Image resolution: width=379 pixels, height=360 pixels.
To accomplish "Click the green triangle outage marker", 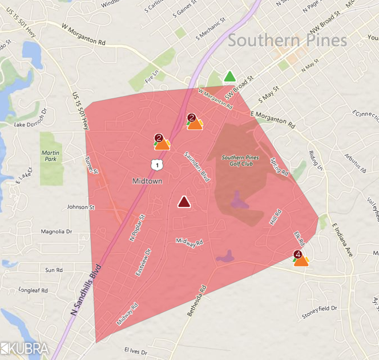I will (229, 77).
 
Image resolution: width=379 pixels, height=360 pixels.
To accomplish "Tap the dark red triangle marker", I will (184, 202).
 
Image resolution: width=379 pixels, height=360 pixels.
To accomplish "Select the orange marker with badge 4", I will (301, 260).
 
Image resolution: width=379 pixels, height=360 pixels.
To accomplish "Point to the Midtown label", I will (148, 181).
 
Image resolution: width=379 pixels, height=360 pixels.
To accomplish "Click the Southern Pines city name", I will (287, 41).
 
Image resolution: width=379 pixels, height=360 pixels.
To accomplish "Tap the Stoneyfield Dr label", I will (320, 309).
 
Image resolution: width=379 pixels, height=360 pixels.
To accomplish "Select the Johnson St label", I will (79, 207).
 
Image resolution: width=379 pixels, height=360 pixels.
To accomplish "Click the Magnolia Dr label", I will (57, 232).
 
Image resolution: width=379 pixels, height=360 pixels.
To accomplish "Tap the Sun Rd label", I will (54, 270).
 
